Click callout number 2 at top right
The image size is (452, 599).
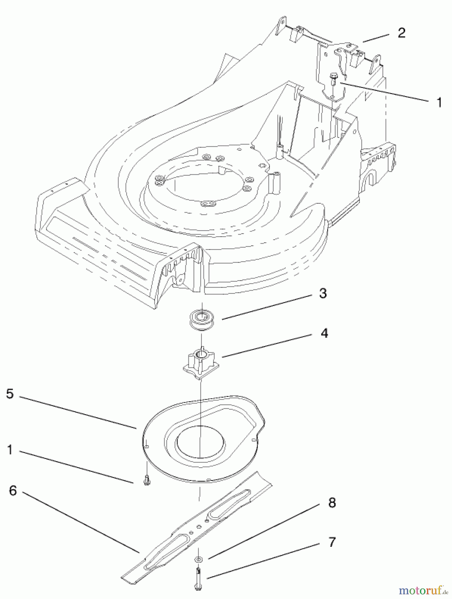click(401, 33)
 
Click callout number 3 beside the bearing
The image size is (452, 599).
click(323, 294)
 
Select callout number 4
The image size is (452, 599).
click(324, 333)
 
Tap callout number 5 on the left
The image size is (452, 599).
click(10, 394)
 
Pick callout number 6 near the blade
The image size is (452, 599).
click(13, 490)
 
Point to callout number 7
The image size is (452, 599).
click(332, 542)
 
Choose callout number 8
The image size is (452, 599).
click(332, 502)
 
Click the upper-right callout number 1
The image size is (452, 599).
click(439, 102)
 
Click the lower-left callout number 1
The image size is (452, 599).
click(10, 450)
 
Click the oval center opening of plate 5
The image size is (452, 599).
click(200, 442)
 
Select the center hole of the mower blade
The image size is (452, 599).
click(198, 526)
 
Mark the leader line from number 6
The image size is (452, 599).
click(80, 521)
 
